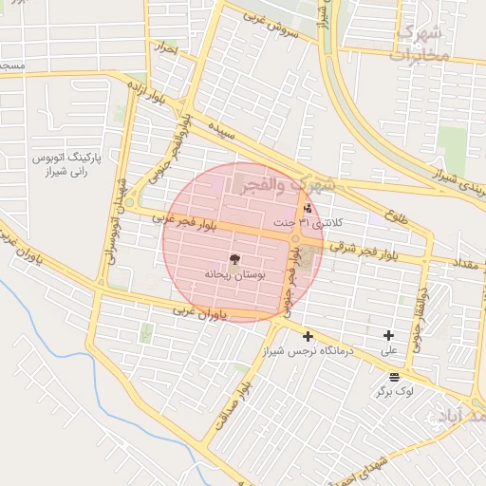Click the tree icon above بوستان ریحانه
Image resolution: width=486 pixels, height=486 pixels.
click(x=235, y=258)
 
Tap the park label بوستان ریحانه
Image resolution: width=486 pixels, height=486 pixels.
click(x=235, y=273)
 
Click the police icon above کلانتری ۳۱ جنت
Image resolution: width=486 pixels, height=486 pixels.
click(x=307, y=209)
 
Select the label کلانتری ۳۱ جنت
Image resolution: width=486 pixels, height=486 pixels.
click(x=307, y=223)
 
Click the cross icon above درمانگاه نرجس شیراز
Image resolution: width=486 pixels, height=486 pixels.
click(x=308, y=335)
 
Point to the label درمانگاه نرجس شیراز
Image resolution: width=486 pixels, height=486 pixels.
click(x=308, y=350)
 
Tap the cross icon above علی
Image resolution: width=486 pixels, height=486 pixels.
click(x=388, y=335)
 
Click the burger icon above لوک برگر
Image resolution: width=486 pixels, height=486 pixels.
click(x=394, y=377)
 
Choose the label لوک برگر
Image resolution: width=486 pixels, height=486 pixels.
click(x=394, y=391)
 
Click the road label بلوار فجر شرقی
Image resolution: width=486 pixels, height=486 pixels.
click(x=363, y=249)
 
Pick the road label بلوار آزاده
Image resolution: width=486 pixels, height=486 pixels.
click(x=136, y=94)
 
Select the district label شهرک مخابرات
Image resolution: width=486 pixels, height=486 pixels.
click(x=418, y=44)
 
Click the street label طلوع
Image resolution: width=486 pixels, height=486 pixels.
click(x=399, y=215)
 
